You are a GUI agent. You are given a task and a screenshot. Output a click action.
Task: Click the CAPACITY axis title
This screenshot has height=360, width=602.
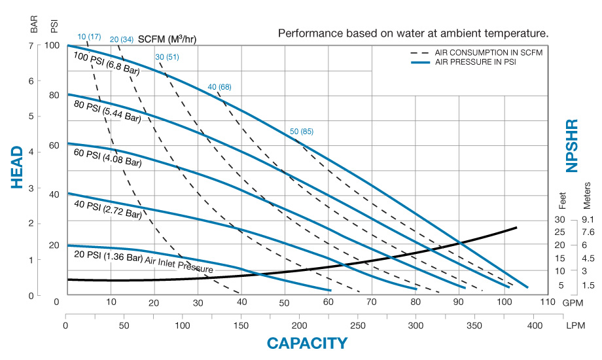click(x=307, y=343)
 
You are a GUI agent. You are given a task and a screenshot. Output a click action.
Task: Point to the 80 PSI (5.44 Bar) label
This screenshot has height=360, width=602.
click(x=106, y=111)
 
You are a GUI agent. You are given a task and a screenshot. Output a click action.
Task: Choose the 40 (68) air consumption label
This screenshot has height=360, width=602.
click(x=219, y=87)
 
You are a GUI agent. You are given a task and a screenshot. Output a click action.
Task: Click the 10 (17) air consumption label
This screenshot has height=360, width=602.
click(x=89, y=36)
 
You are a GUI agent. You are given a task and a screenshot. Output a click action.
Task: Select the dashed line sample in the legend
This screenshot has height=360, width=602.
click(x=419, y=52)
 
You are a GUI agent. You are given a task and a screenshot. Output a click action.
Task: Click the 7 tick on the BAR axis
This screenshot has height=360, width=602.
click(x=31, y=45)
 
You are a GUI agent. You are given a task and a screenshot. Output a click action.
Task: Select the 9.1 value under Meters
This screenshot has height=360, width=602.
click(x=586, y=220)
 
